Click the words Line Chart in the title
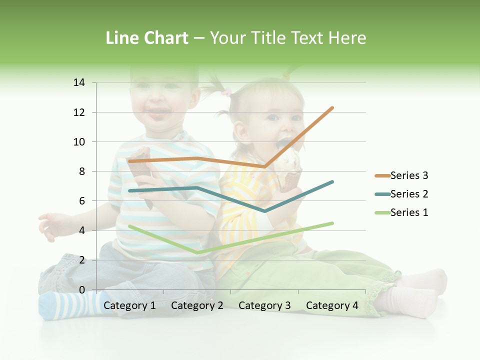147,38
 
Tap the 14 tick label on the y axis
79,82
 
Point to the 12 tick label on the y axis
79,112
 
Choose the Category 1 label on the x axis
129,305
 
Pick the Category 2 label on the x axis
197,305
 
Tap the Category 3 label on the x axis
264,305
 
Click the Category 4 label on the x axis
332,305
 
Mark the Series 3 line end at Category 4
332,108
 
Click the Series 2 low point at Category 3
264,211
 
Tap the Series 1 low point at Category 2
197,252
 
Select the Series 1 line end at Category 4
332,223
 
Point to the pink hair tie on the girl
226,92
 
